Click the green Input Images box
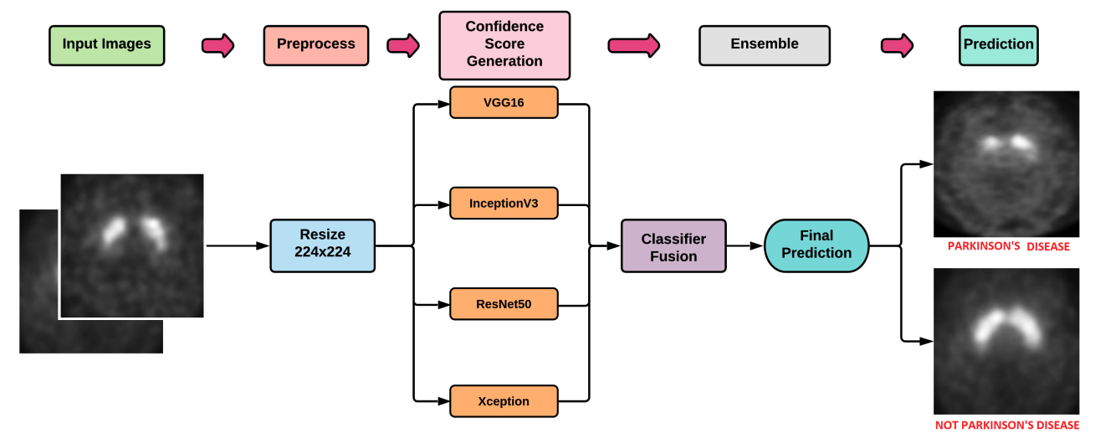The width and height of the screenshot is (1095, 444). click(x=106, y=45)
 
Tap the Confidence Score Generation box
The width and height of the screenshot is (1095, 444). click(x=504, y=44)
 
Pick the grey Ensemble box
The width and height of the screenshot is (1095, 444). click(x=764, y=44)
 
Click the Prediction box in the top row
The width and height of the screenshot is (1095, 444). click(x=998, y=44)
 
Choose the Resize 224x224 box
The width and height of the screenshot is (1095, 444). click(x=322, y=245)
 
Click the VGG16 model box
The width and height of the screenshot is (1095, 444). click(x=504, y=104)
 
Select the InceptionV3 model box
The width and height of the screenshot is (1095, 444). click(x=504, y=203)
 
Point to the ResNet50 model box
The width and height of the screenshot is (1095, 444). click(x=504, y=303)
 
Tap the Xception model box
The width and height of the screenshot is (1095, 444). click(x=504, y=401)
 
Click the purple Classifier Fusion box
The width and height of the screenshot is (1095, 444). click(x=673, y=246)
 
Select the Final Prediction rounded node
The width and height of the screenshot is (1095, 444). click(x=816, y=245)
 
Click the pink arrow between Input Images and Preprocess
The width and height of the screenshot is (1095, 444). click(x=218, y=45)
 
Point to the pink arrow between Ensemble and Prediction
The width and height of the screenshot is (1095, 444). click(x=897, y=45)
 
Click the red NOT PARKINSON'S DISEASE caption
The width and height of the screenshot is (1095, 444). click(x=1006, y=426)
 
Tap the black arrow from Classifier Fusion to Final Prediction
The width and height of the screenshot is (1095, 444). click(x=745, y=246)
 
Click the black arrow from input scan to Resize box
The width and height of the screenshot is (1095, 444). click(x=238, y=246)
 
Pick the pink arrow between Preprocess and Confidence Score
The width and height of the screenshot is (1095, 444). click(x=402, y=45)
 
